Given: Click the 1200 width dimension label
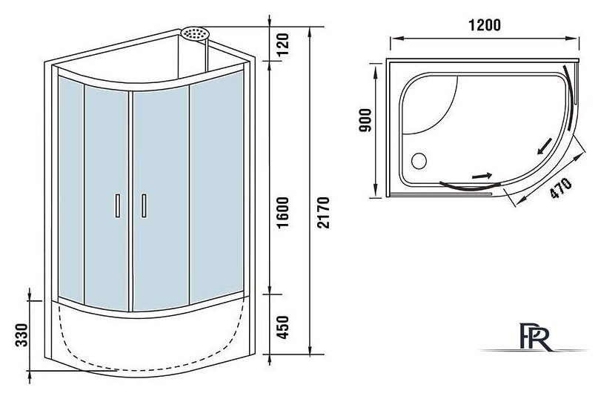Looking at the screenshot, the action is pyautogui.click(x=484, y=25).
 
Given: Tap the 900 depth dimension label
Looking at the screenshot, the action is pyautogui.click(x=365, y=120).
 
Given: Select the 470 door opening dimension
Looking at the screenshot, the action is pyautogui.click(x=561, y=188).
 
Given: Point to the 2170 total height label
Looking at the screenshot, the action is pyautogui.click(x=324, y=212).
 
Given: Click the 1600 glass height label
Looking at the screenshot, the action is pyautogui.click(x=282, y=212).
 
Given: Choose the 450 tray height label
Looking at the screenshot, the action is pyautogui.click(x=282, y=327).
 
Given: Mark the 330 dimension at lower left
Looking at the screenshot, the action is pyautogui.click(x=21, y=335).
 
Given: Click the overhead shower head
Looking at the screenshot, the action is pyautogui.click(x=195, y=33).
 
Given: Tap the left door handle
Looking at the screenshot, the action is pyautogui.click(x=118, y=206).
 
